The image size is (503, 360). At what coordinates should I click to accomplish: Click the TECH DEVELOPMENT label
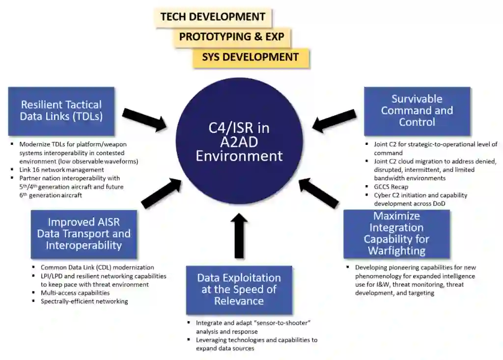[213, 17]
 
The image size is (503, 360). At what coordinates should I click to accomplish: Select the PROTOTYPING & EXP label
[231, 37]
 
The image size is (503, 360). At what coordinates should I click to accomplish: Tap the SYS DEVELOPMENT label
[250, 57]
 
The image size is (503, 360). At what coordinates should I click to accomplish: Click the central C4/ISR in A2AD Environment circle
[239, 142]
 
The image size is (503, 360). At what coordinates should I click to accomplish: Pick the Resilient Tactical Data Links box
[61, 111]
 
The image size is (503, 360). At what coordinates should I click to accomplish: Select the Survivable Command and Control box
[417, 111]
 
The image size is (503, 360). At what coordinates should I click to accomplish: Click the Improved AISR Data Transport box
[84, 234]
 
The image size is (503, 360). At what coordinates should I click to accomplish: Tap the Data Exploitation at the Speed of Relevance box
[239, 290]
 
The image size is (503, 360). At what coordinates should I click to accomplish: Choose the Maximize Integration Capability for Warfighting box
[396, 234]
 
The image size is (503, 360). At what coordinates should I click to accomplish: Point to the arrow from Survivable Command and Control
[334, 120]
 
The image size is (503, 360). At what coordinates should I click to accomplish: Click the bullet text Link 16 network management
[61, 170]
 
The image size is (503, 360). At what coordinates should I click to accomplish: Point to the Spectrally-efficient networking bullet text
[84, 301]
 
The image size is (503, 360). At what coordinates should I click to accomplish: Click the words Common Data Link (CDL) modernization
[97, 268]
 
